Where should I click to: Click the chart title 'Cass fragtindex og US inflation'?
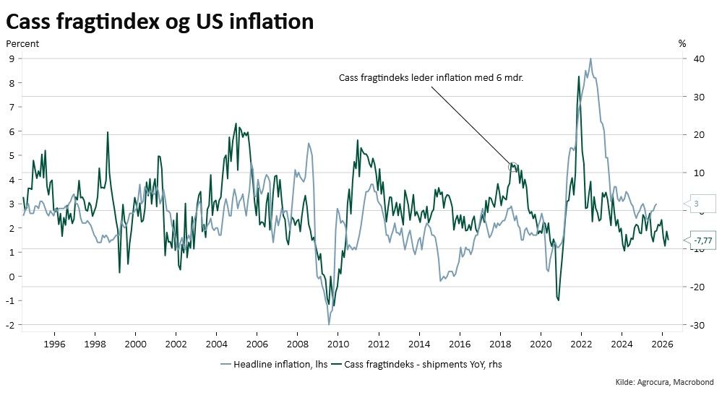[x=160, y=22]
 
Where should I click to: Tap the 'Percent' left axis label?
[x=22, y=43]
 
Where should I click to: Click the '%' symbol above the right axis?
[x=682, y=43]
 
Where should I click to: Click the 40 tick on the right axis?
[x=695, y=58]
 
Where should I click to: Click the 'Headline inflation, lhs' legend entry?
[x=274, y=365]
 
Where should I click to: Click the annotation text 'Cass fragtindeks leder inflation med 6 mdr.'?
[x=431, y=78]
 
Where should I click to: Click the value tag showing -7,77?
[x=701, y=240]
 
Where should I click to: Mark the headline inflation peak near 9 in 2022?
[x=590, y=59]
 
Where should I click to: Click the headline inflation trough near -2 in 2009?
[x=329, y=324]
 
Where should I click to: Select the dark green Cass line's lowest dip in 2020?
[x=558, y=300]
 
